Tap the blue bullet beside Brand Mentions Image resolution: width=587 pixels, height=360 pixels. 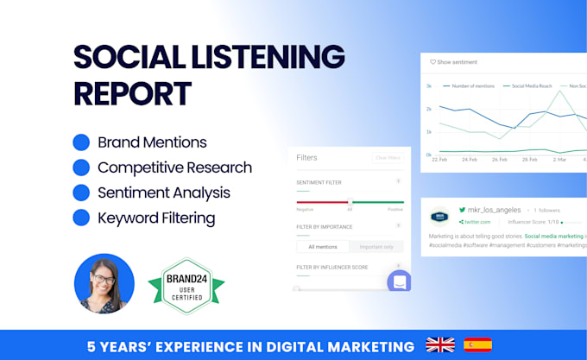(81, 142)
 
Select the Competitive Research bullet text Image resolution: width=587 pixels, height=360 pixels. (174, 167)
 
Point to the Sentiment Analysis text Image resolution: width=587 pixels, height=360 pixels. (164, 193)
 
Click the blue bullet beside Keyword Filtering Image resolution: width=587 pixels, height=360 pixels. (81, 218)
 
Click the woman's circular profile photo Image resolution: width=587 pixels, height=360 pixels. (104, 283)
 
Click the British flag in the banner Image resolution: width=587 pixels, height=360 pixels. (440, 345)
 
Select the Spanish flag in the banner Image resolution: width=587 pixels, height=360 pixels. (477, 345)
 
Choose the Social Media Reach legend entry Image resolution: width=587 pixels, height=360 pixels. (533, 86)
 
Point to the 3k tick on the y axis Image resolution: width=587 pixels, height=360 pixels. (428, 86)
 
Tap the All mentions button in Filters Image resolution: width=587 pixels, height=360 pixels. (323, 247)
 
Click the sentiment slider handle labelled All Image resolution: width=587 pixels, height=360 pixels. (350, 202)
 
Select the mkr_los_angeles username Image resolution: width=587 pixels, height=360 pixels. (495, 210)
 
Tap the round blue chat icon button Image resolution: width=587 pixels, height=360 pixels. (399, 281)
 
